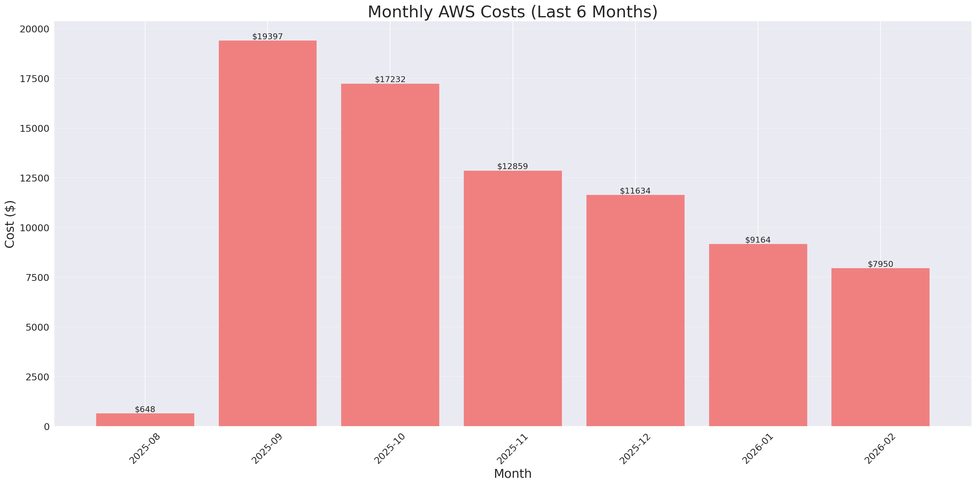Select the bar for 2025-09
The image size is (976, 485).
click(268, 233)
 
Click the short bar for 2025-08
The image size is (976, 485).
click(145, 420)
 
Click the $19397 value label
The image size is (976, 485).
click(268, 36)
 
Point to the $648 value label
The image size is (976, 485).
click(145, 409)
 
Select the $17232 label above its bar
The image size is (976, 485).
click(390, 79)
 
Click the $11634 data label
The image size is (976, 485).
click(635, 191)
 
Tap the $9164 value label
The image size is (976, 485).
click(758, 240)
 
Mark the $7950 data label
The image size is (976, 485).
click(880, 264)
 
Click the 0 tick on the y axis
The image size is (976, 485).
click(46, 427)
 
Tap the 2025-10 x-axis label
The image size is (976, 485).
click(390, 449)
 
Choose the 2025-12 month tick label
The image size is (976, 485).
click(635, 449)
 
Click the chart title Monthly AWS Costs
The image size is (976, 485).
click(512, 12)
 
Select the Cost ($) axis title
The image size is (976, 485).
click(10, 224)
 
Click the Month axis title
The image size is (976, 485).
click(513, 474)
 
